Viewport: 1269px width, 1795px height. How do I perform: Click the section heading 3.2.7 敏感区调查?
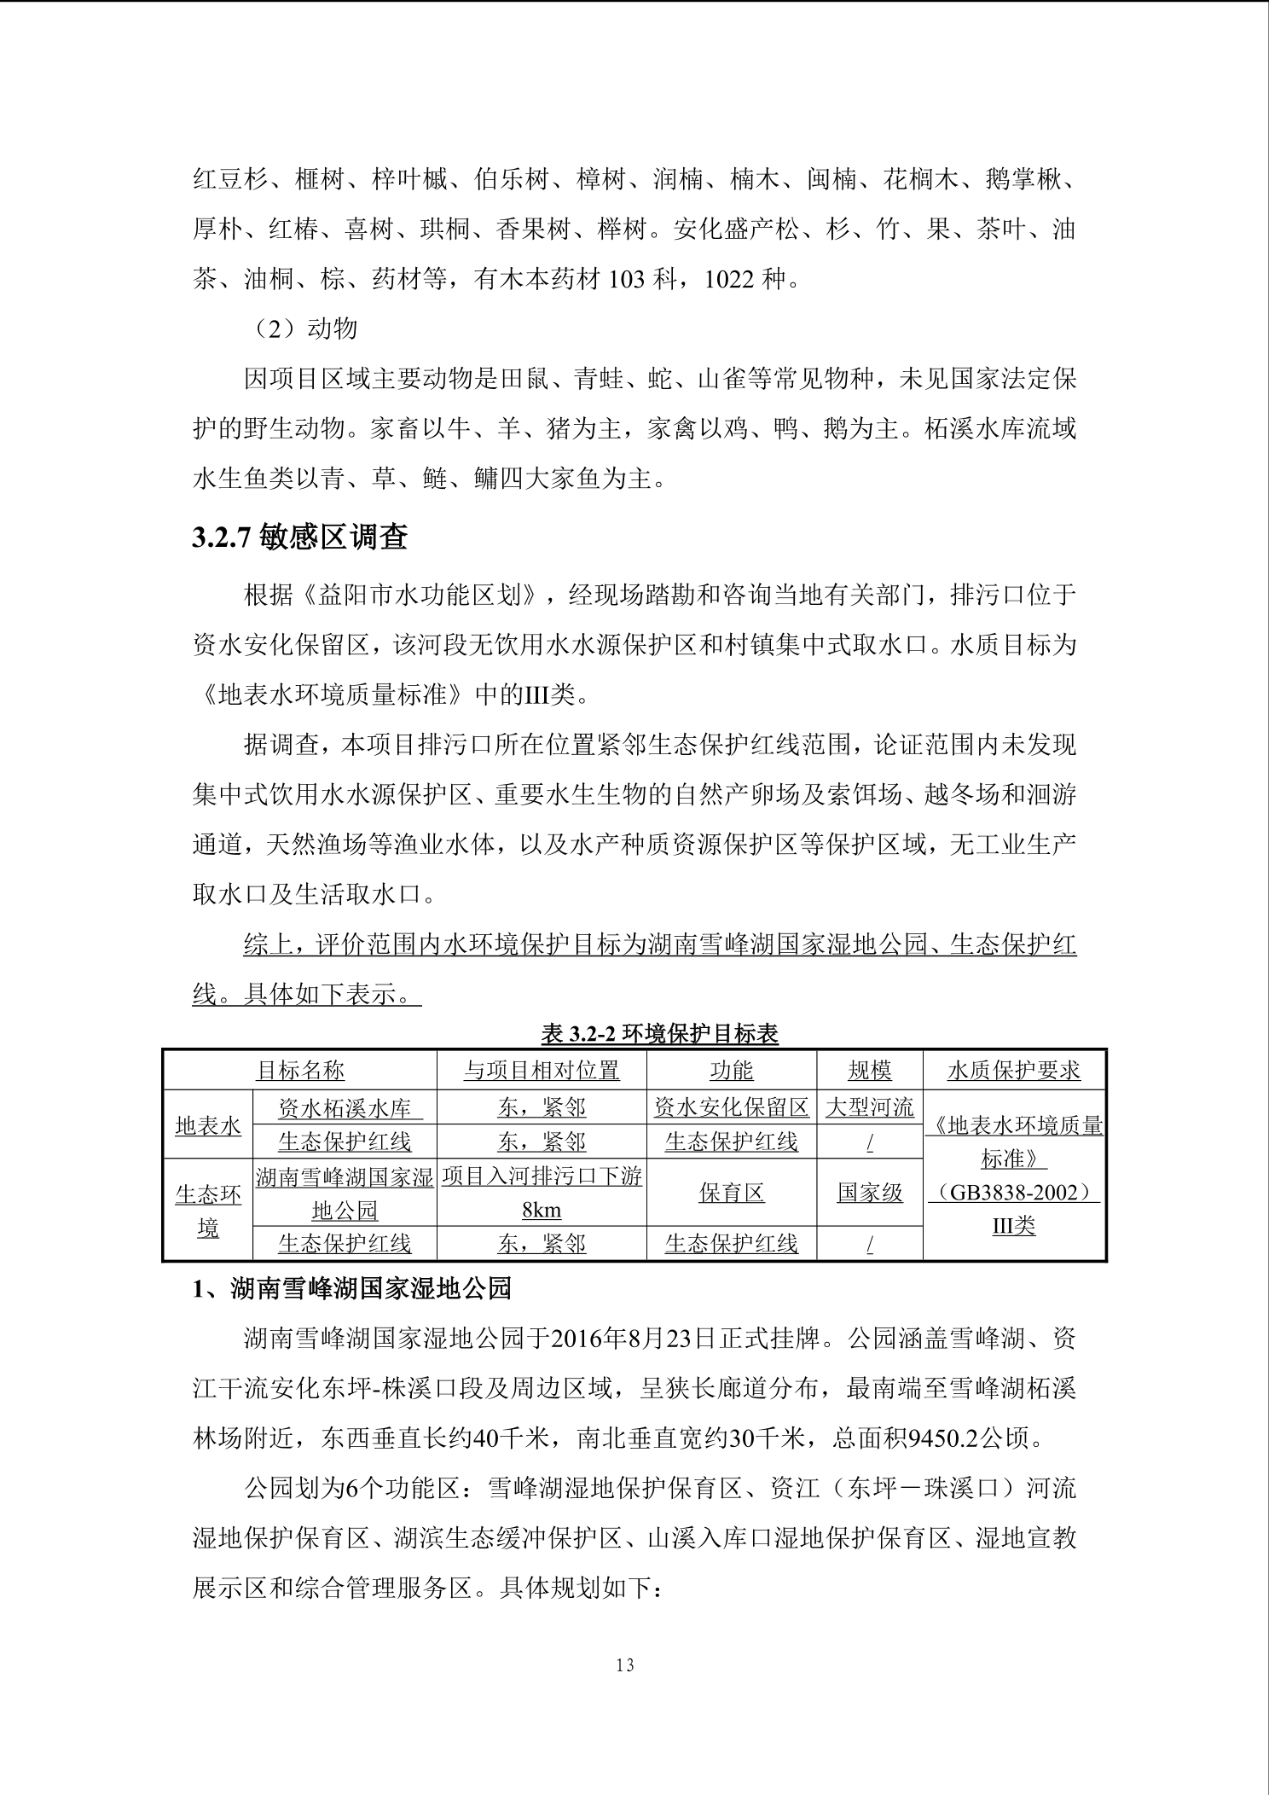point(299,537)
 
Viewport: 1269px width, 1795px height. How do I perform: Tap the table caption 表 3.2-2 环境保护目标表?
point(659,1034)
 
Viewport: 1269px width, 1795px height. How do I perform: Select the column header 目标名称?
point(300,1070)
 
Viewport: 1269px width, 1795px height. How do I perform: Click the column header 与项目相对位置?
point(542,1070)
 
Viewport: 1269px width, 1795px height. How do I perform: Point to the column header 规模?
point(869,1070)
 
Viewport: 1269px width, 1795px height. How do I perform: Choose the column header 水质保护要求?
point(1013,1070)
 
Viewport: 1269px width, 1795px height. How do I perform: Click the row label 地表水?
point(208,1125)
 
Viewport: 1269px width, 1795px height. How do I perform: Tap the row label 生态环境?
point(208,1210)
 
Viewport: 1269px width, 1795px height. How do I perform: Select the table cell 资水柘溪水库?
point(345,1107)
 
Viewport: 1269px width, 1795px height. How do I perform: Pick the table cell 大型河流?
point(869,1107)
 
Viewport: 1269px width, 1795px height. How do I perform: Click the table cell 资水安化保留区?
point(731,1107)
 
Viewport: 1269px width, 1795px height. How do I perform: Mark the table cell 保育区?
point(731,1193)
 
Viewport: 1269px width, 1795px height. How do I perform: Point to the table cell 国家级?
point(869,1193)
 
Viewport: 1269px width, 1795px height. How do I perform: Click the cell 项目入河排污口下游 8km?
point(542,1193)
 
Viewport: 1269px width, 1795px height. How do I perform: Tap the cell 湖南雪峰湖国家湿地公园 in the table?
point(345,1193)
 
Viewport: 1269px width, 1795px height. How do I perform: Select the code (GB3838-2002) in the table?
point(1013,1193)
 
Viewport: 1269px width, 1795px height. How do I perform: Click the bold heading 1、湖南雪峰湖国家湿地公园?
point(351,1288)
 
